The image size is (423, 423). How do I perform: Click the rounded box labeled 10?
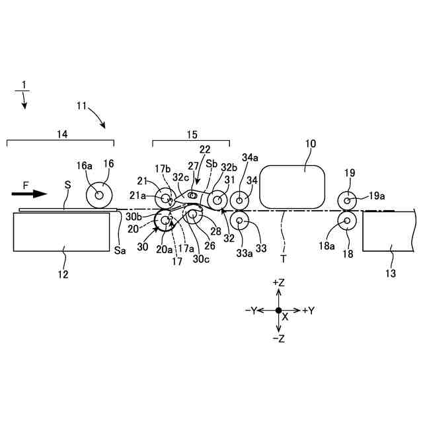(x=293, y=185)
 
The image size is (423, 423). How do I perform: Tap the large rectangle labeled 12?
(x=61, y=231)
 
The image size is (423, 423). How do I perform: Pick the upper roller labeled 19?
(x=348, y=199)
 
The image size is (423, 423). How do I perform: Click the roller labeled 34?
(x=239, y=200)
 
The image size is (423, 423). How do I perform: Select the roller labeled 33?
(x=239, y=221)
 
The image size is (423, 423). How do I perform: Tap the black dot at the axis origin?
(x=278, y=310)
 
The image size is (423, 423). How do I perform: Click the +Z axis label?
(x=278, y=282)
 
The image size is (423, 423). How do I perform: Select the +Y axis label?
(x=308, y=310)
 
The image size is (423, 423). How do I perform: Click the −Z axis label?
(x=278, y=338)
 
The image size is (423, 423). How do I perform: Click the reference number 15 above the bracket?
(x=191, y=134)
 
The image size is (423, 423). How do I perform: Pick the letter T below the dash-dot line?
(x=284, y=258)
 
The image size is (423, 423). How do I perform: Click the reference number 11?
(x=81, y=104)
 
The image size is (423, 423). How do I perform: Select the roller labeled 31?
(x=216, y=200)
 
